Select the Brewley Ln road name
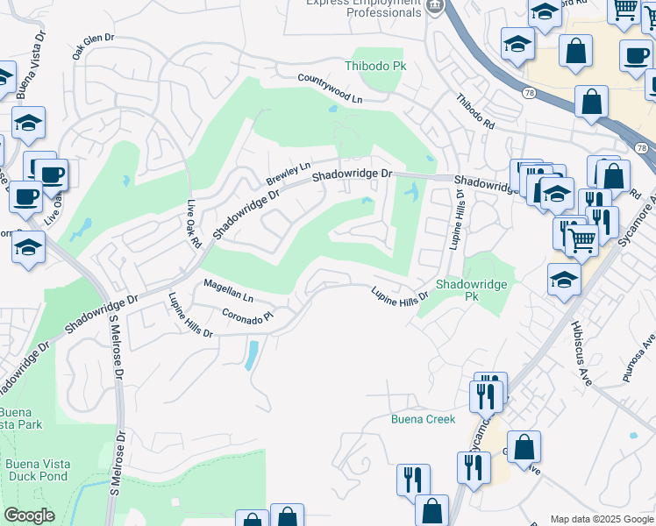[x=289, y=173]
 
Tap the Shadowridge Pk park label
[x=471, y=290]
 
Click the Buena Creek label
[x=423, y=419]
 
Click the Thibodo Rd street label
[x=475, y=113]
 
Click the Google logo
[x=29, y=515]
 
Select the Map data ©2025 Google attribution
[x=603, y=519]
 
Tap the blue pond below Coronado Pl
[x=252, y=355]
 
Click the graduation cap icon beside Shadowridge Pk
[x=564, y=281]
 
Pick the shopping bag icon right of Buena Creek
[x=524, y=447]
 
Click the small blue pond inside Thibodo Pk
[x=332, y=110]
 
